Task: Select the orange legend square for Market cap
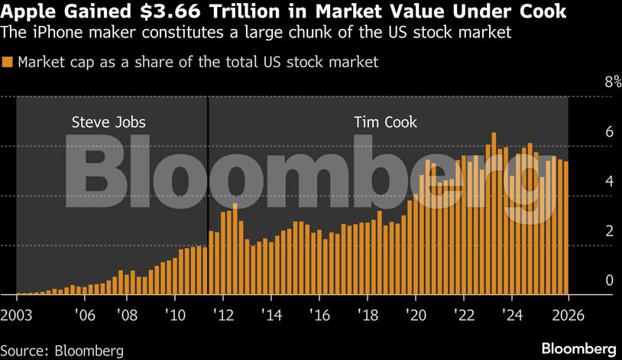click(x=8, y=63)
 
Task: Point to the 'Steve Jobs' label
click(x=109, y=122)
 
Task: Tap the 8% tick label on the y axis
click(x=591, y=83)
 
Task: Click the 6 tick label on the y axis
click(x=588, y=132)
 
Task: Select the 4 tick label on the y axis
click(x=588, y=182)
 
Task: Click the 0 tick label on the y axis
click(x=588, y=281)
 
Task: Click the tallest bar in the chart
click(x=494, y=214)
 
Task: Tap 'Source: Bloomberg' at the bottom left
click(x=63, y=351)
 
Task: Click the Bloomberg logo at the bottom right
click(x=578, y=349)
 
